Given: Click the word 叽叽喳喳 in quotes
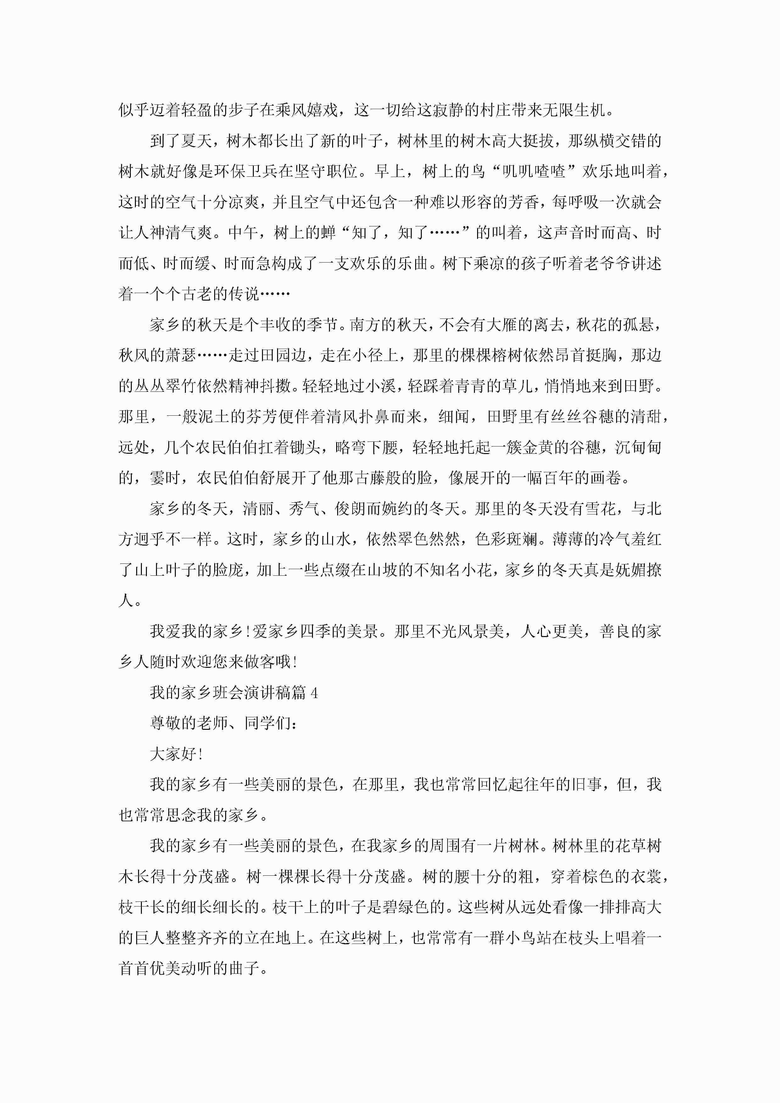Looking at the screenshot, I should pyautogui.click(x=533, y=171).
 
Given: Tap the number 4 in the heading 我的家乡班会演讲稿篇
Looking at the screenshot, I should pyautogui.click(x=314, y=693).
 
